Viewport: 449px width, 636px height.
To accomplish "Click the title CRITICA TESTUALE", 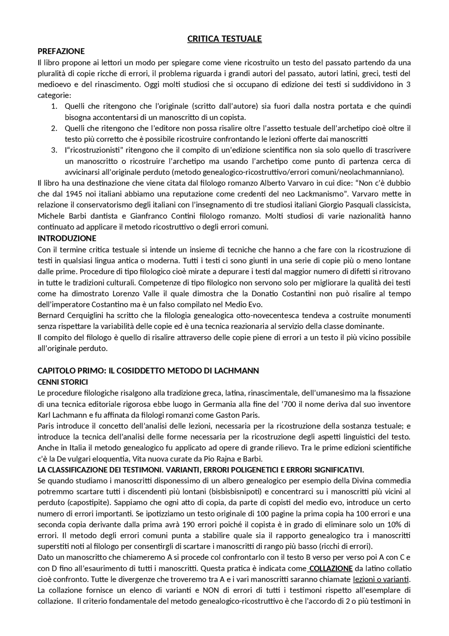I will pyautogui.click(x=224, y=39).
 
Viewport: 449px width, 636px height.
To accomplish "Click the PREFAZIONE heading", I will pyautogui.click(x=61, y=51).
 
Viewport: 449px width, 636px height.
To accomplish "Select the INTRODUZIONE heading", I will pyautogui.click(x=67, y=238).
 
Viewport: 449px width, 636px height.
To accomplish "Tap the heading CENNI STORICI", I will pyautogui.click(x=63, y=382).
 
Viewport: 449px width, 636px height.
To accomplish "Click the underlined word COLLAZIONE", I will pyautogui.click(x=331, y=569).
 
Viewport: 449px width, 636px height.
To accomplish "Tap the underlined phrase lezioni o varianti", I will pyautogui.click(x=381, y=579).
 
